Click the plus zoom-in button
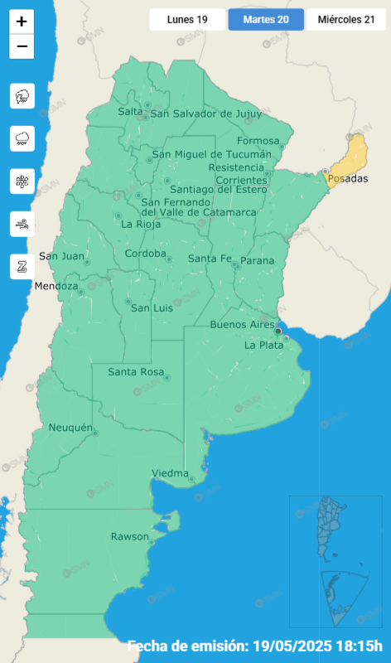point(22,23)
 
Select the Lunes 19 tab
point(186,19)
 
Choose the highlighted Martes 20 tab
point(265,19)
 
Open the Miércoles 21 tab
point(345,19)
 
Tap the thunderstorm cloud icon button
point(22,96)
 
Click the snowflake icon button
point(22,181)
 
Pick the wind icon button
point(22,224)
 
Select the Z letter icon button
point(22,266)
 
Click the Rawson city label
point(129,537)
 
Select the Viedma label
point(169,473)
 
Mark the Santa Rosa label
point(136,372)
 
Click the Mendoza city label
point(56,287)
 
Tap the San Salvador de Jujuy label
point(205,114)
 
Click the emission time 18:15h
point(361,646)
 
